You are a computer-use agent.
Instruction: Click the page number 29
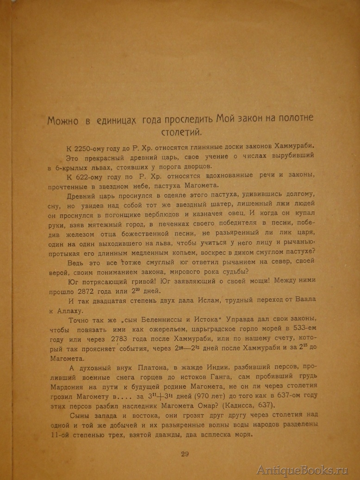(184, 453)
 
